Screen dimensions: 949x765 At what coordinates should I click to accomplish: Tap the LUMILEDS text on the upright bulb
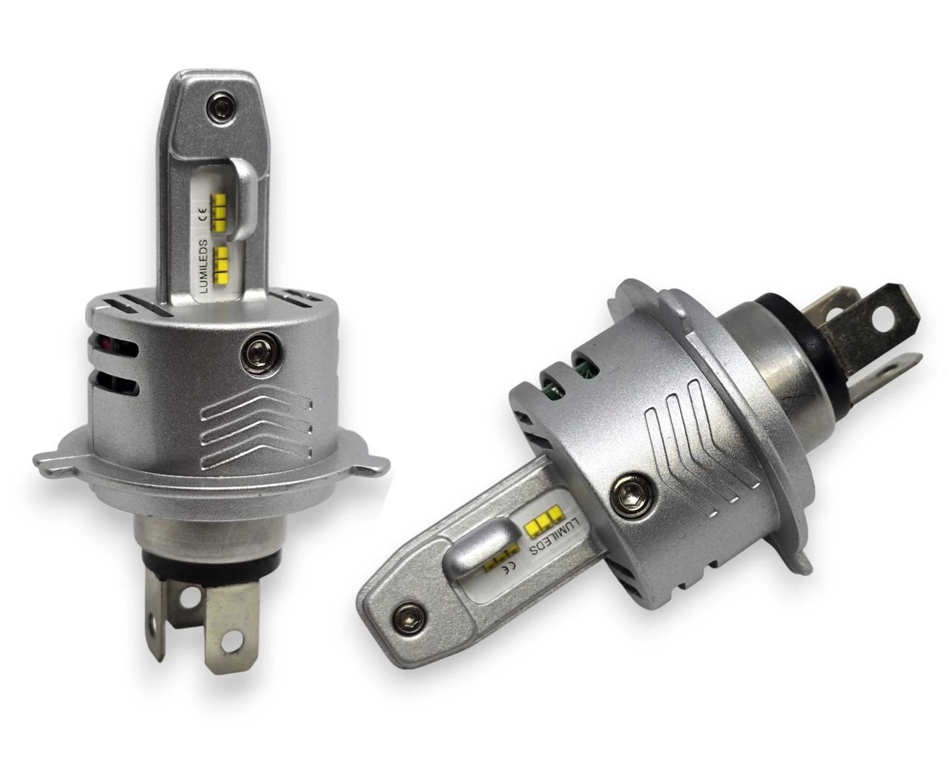[203, 266]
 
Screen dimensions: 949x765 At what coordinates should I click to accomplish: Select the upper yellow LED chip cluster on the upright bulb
[220, 213]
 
